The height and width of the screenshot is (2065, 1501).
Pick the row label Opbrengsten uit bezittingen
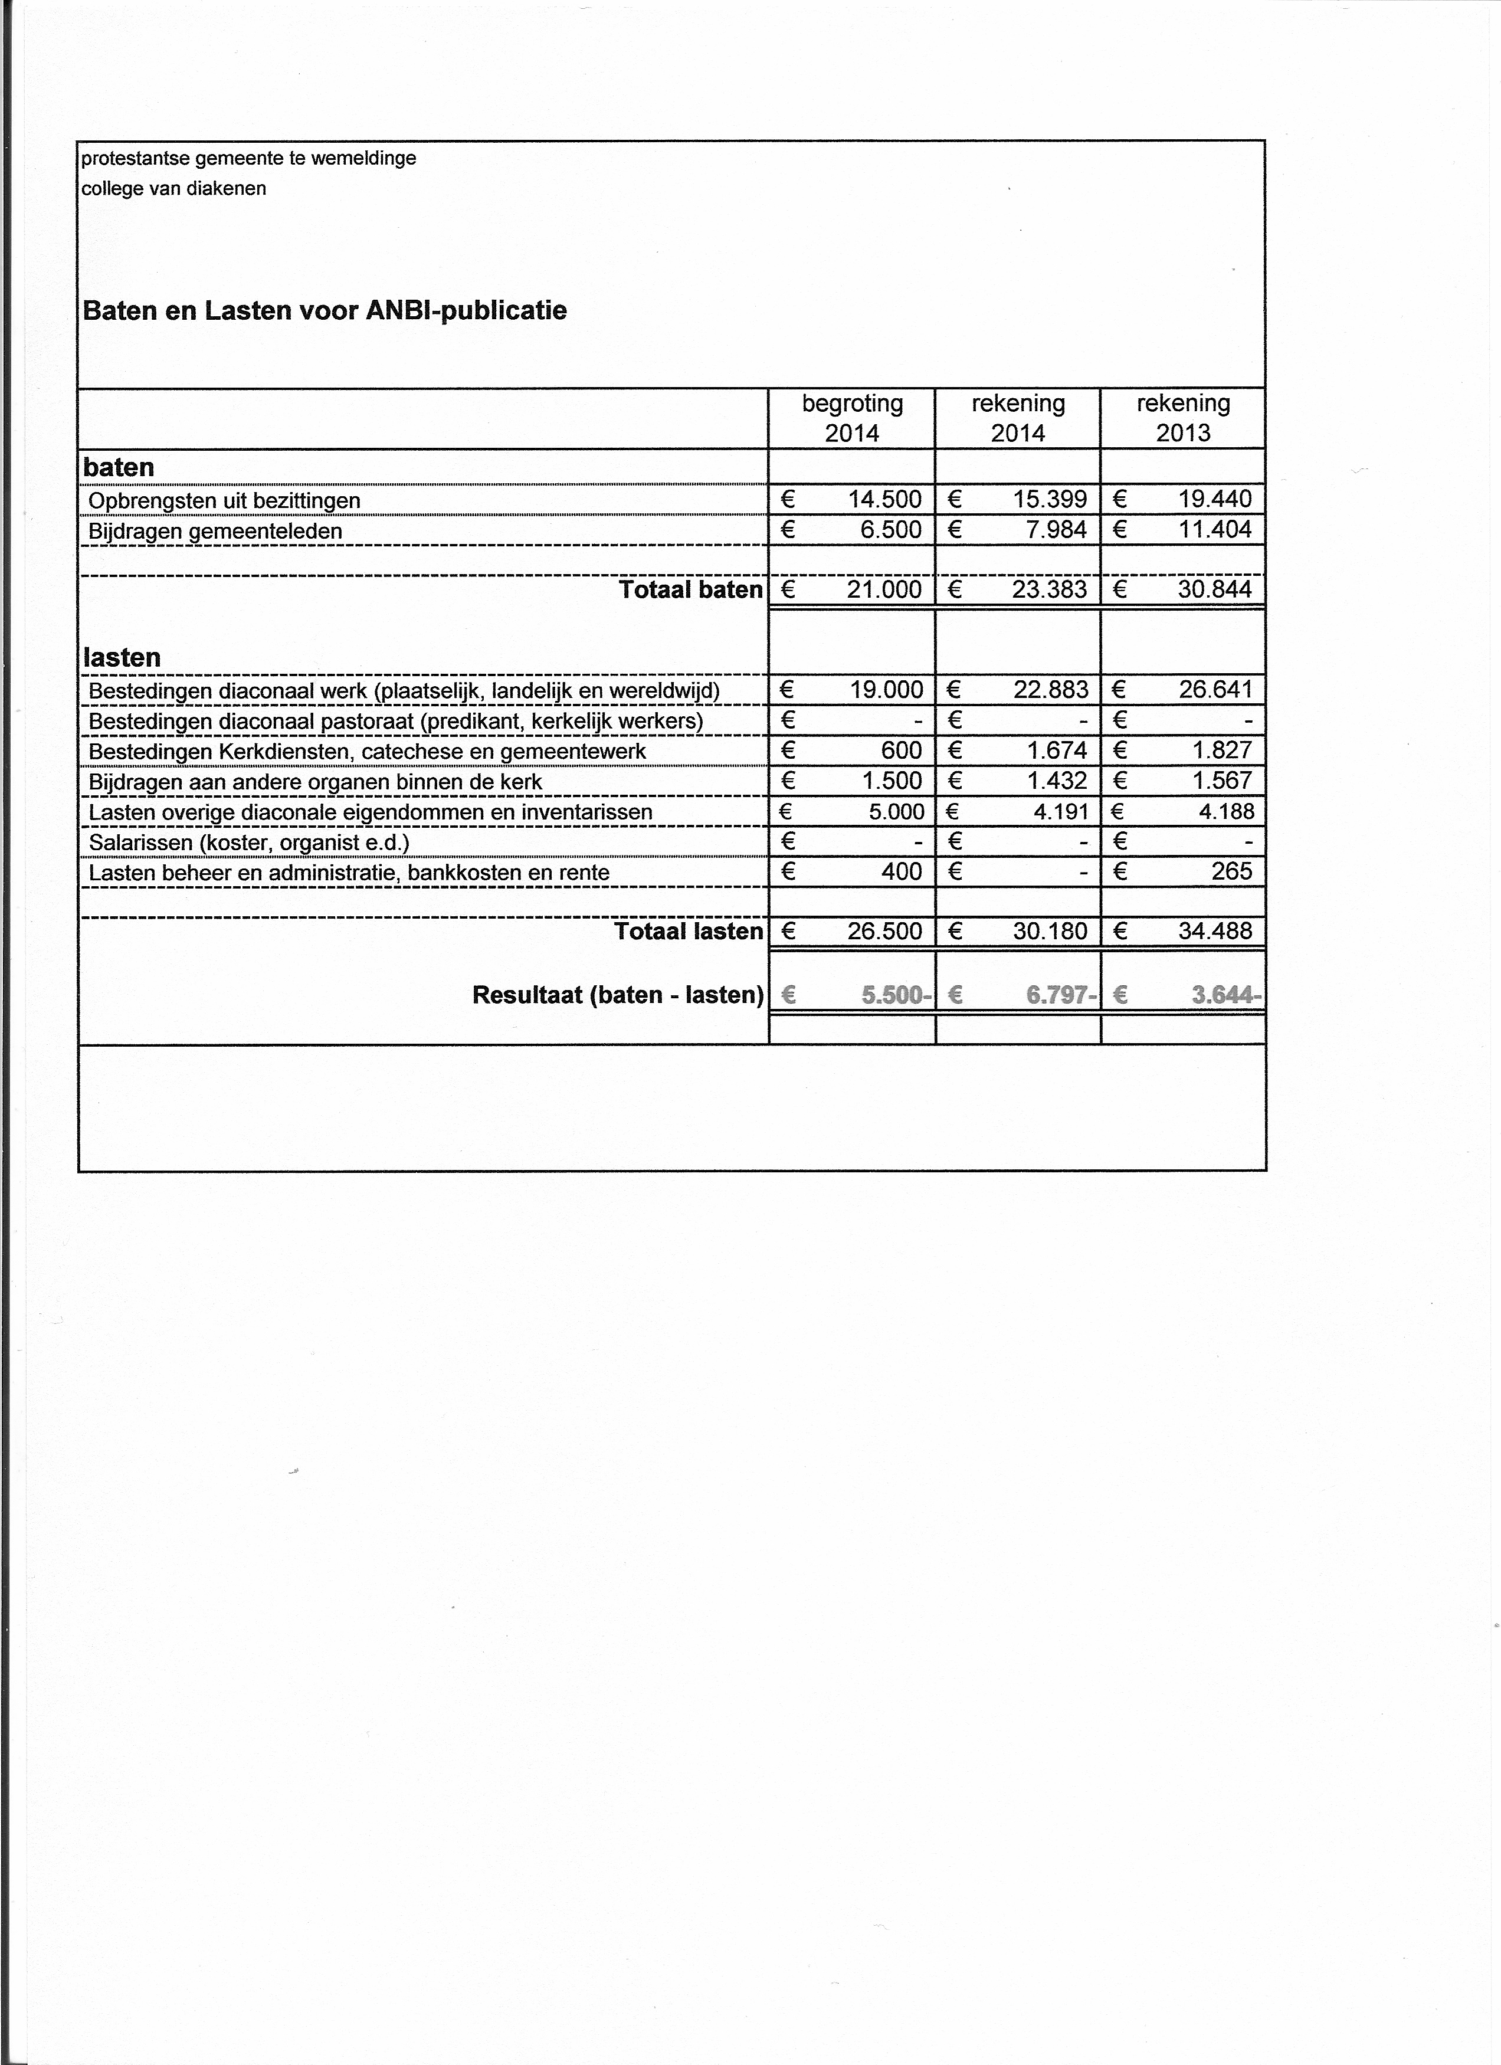coord(224,501)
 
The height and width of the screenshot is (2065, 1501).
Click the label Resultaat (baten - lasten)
coord(617,995)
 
